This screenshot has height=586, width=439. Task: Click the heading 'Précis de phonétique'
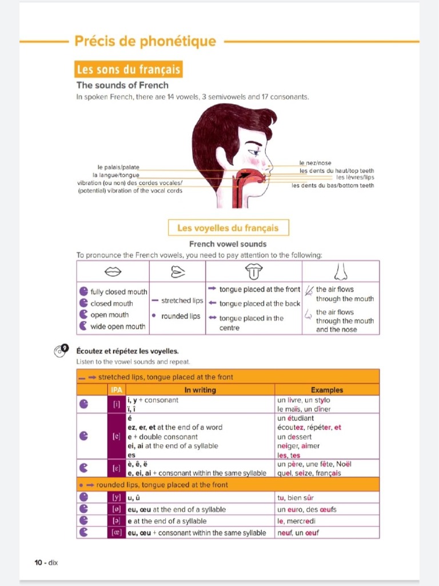point(145,42)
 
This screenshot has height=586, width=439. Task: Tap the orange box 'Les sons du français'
point(129,70)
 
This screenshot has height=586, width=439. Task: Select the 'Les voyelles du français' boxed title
point(228,228)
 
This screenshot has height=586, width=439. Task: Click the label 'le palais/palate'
point(118,167)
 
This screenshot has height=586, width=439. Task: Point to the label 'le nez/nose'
point(315,163)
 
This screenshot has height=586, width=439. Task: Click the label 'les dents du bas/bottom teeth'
point(333,185)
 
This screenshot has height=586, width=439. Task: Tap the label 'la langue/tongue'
point(115,175)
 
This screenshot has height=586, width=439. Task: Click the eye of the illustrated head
point(253,152)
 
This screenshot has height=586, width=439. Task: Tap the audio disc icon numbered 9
point(61,351)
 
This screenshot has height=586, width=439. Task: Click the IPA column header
point(117,390)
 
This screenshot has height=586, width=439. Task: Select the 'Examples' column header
point(327,390)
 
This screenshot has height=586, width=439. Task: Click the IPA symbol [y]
point(117,498)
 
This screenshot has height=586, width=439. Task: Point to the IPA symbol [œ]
point(117,533)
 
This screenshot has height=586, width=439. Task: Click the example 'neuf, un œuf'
point(298,533)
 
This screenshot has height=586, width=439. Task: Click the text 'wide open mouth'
point(118,327)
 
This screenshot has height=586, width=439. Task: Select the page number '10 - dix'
point(46,563)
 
